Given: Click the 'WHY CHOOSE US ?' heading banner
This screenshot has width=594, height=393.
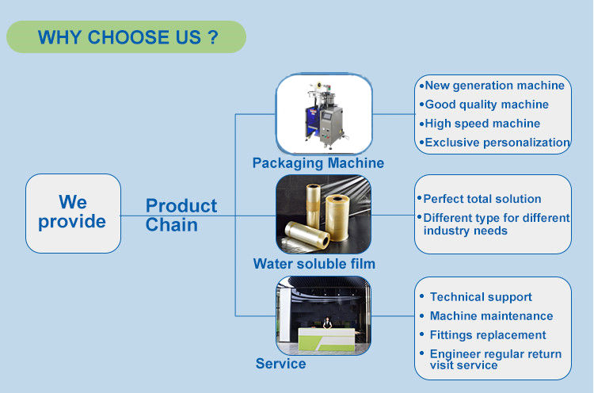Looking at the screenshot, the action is [126, 36].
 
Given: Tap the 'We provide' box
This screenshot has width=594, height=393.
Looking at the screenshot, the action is [73, 213].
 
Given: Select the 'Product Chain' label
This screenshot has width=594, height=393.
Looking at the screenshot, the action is [181, 216].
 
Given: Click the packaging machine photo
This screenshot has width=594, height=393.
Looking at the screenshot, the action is [324, 114].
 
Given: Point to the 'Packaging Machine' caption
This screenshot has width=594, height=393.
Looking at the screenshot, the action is [318, 163].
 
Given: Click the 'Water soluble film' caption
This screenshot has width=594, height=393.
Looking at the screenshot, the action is [314, 264].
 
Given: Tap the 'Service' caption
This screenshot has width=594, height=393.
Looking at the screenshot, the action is [280, 364].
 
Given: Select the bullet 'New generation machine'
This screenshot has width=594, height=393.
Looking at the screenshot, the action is [492, 86].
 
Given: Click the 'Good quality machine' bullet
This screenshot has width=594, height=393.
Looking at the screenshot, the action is [484, 105].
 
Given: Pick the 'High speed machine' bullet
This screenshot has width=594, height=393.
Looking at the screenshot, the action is [480, 124].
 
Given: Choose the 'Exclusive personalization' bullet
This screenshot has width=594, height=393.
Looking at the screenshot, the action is [494, 143].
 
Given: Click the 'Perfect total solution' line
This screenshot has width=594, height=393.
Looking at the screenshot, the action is [479, 199].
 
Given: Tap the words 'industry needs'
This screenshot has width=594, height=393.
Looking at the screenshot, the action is [465, 231].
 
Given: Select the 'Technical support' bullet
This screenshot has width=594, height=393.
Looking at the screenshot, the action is [476, 297].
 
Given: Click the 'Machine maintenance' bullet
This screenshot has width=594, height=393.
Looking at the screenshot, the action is [486, 316].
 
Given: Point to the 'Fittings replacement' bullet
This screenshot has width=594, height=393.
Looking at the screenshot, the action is [482, 335].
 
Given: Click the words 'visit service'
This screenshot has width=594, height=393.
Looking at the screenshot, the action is [463, 365].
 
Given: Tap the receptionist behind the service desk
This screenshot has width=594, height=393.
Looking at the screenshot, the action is [327, 323].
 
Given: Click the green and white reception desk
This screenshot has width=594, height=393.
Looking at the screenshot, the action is [326, 340].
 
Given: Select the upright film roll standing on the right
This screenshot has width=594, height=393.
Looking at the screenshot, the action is [337, 217].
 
